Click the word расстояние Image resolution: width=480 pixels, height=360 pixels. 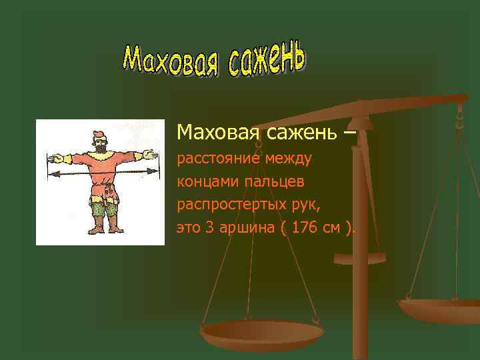coord(217,159)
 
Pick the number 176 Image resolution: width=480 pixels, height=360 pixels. coord(306,228)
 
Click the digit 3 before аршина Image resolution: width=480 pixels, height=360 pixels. coord(209,228)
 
